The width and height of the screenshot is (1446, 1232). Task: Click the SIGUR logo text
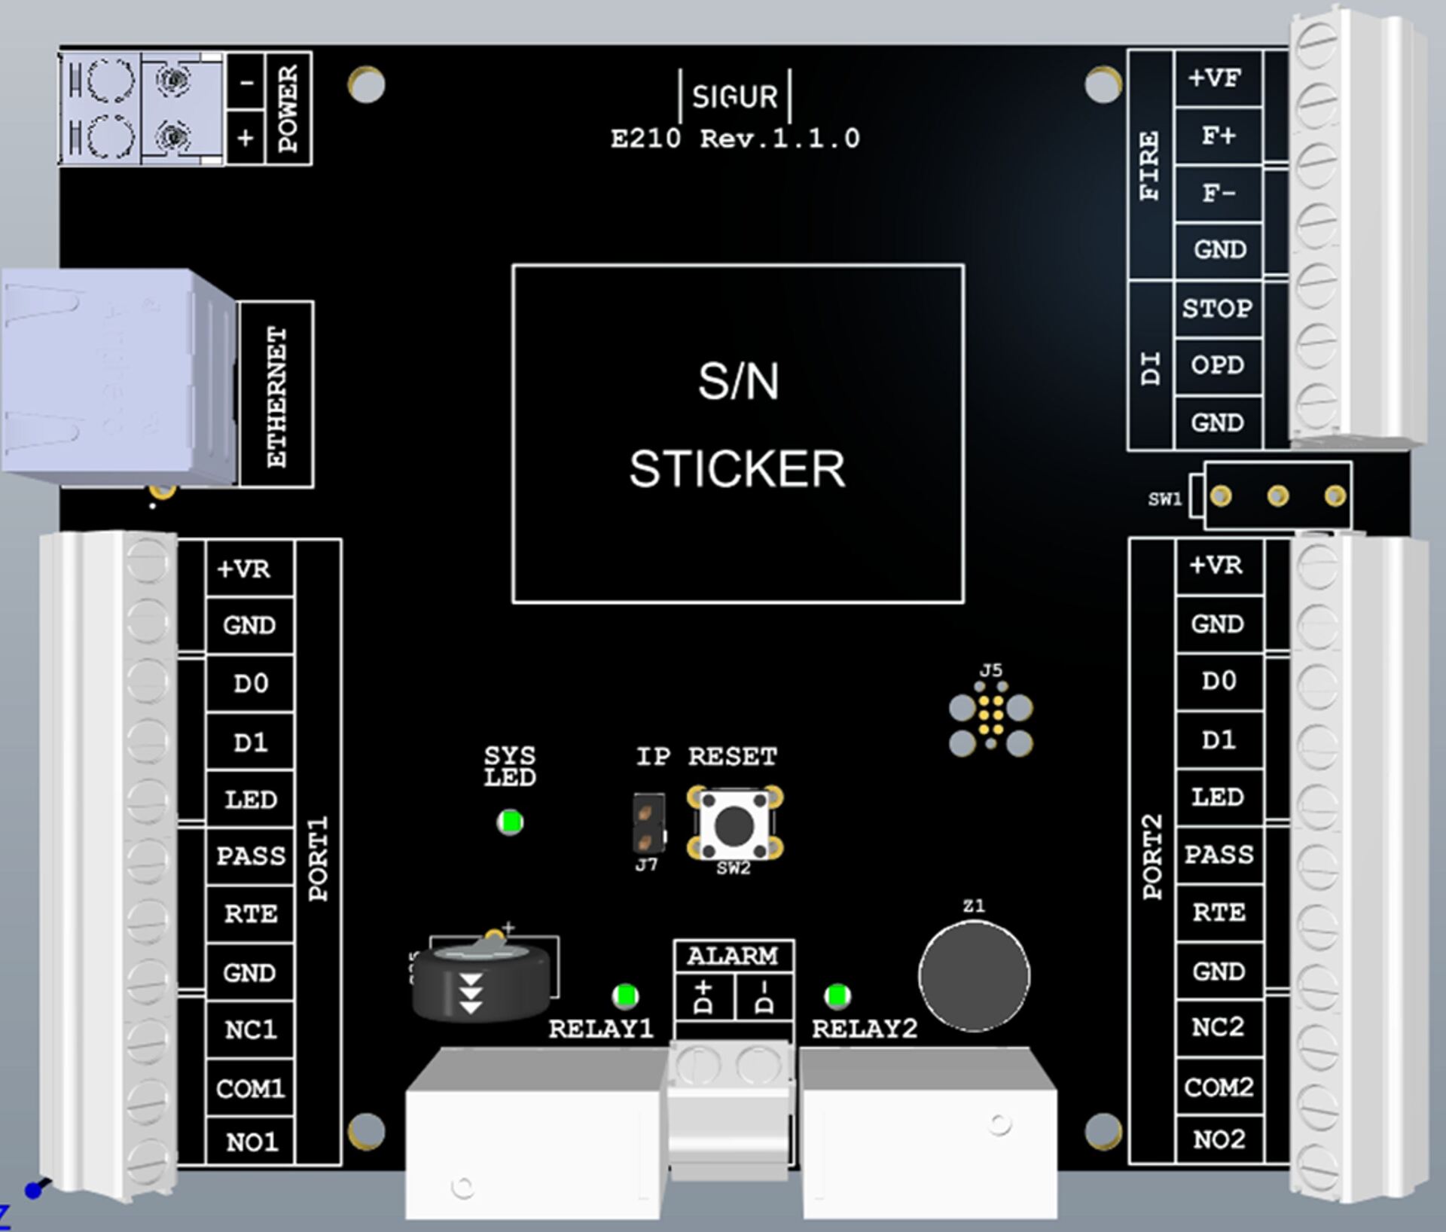click(x=734, y=96)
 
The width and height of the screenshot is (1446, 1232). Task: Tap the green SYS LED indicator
click(x=510, y=822)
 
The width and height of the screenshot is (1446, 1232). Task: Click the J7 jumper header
click(x=648, y=824)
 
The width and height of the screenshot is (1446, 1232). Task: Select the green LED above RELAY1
click(x=625, y=996)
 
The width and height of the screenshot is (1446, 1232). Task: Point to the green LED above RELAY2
click(x=837, y=996)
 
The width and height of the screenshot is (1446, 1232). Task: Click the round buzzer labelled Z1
click(x=974, y=976)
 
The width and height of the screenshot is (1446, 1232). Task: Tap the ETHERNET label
click(x=277, y=396)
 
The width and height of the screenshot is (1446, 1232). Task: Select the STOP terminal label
click(x=1217, y=308)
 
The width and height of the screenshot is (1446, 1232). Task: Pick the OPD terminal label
click(x=1217, y=365)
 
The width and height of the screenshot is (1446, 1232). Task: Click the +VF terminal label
click(x=1214, y=78)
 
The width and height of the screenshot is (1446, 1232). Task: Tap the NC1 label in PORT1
click(x=251, y=1029)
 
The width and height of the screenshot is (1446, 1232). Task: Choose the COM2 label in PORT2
click(x=1219, y=1087)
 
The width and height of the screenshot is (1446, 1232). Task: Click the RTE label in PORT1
click(x=251, y=913)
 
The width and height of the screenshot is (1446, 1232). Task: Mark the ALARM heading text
click(x=732, y=956)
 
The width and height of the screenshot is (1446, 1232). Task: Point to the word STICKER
click(x=737, y=469)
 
